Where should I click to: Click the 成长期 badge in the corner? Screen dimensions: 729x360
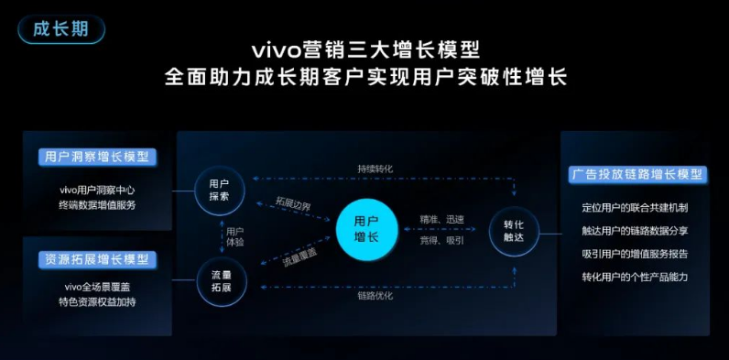(x=60, y=28)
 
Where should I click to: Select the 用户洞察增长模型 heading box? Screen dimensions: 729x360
(x=96, y=157)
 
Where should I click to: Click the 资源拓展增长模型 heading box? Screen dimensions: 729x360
(x=96, y=259)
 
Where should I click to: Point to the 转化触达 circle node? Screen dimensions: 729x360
(x=514, y=231)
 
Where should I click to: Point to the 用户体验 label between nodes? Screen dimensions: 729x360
(x=235, y=236)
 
